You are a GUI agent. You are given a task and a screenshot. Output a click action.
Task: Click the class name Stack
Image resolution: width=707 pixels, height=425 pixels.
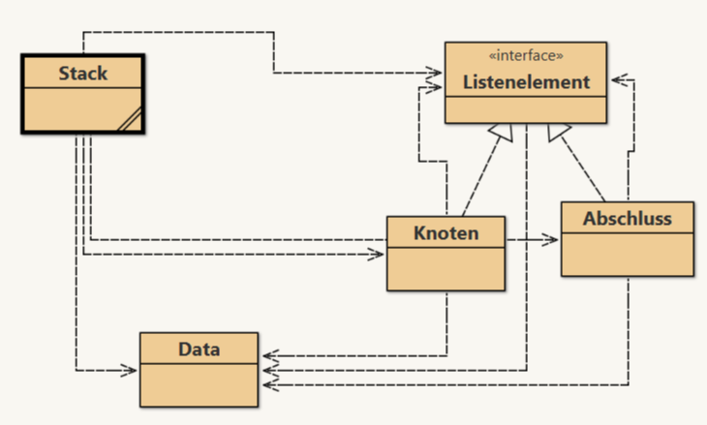82,73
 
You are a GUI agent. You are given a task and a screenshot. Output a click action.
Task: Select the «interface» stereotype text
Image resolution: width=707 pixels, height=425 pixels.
526,55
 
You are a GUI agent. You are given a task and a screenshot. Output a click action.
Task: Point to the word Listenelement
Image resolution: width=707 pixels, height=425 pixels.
526,82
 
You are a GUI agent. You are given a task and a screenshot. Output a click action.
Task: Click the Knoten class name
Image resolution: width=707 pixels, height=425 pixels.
446,232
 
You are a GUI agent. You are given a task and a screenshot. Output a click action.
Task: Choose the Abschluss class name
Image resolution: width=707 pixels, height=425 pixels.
627,218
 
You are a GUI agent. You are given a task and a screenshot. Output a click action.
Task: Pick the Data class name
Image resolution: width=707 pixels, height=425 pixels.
199,349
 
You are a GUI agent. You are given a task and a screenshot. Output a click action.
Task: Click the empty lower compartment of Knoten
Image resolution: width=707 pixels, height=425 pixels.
446,268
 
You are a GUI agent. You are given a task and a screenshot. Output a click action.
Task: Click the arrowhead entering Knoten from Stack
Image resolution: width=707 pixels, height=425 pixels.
380,255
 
